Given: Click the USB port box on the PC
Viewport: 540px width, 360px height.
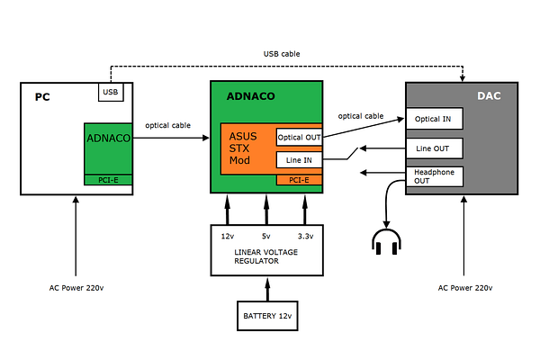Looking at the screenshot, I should coord(111,91).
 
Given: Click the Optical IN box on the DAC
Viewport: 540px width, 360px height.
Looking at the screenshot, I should coord(435,119).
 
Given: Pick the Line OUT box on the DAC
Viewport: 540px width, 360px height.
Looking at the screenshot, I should coord(435,147).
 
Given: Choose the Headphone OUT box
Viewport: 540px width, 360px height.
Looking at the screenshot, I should coord(435,175).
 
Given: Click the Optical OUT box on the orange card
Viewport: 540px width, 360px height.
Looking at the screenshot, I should coord(299,137).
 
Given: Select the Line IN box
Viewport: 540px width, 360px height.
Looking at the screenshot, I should coord(299,160).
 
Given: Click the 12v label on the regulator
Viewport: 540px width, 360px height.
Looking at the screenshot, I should coord(227,236).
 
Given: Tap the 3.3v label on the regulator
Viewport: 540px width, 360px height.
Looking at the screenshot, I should coord(305,236).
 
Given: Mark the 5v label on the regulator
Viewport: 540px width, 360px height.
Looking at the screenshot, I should coord(266,236).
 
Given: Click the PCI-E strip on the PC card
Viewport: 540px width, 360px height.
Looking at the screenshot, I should coord(109,180).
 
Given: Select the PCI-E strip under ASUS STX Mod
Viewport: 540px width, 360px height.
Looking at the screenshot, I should coord(299,180).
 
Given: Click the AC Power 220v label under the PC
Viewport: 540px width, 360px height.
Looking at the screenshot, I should coord(76,288).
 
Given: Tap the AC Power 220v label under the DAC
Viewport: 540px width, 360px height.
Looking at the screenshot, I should coord(464,288).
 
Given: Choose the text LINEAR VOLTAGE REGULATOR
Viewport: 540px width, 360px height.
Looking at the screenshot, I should coord(266,257).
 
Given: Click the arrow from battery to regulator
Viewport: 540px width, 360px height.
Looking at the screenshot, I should coord(266,289).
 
